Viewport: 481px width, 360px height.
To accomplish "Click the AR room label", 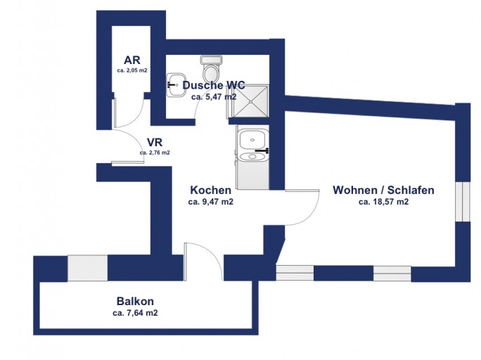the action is pos(132,60).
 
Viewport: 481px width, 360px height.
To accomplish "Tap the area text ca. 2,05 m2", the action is pos(132,70).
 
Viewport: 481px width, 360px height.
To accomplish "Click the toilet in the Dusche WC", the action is pos(211,67).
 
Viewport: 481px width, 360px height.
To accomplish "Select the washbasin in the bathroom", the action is pos(177,85).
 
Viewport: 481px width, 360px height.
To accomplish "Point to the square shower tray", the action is pos(250,101).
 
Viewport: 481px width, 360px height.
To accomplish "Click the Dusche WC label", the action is pos(214,85).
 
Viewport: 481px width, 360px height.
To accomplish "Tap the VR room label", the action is pos(155,143).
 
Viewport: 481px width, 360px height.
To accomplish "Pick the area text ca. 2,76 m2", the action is pos(155,153).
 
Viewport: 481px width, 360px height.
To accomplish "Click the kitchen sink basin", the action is pos(252,139).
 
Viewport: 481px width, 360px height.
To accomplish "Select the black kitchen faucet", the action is pos(262,150).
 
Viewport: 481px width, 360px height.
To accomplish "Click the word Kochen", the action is pos(211,190).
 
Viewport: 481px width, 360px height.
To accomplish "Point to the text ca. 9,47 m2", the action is pos(211,202).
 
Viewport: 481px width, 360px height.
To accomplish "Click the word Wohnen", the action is pos(354,190).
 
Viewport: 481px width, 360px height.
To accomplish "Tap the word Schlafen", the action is pos(411,190).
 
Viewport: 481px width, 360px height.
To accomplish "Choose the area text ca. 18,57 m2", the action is pos(384,202).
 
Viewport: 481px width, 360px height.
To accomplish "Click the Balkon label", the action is pos(135,301).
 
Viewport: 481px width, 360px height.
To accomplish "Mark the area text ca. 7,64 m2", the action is pos(135,313).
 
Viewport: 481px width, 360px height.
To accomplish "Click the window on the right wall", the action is pos(463,202).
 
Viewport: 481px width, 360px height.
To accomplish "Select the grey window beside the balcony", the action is pos(87,268).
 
